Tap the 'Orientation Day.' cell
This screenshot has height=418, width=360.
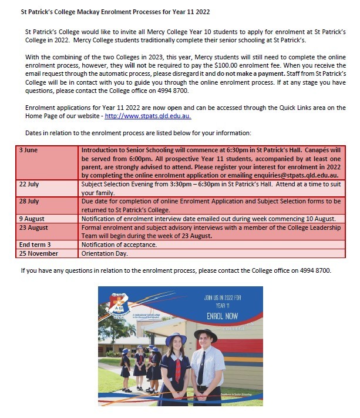coord(105,253)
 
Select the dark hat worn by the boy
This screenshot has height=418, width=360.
coord(206,336)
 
